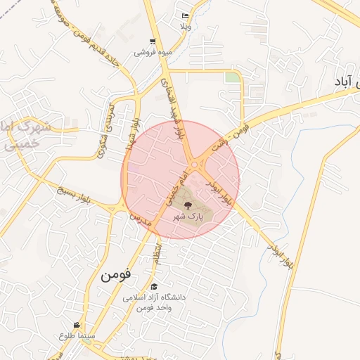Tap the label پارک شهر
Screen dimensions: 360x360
tap(189, 217)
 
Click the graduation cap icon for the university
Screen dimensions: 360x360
tap(154, 286)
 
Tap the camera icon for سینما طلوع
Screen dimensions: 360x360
tap(76, 326)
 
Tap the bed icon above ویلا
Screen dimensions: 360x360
tap(185, 15)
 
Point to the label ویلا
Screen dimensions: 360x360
tap(185, 26)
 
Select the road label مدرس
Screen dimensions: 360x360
tap(134, 219)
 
